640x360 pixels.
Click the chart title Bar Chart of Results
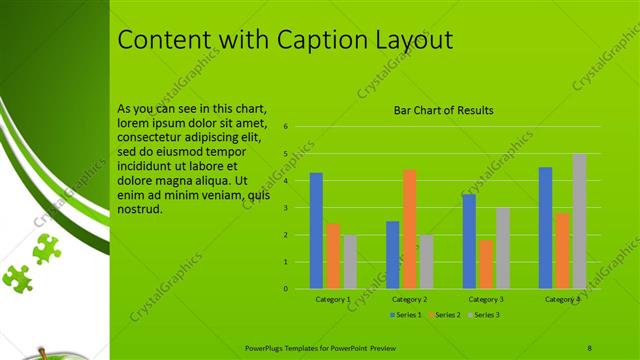pyautogui.click(x=443, y=110)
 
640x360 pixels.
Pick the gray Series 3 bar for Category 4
pyautogui.click(x=579, y=221)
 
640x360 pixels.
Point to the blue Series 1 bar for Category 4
pyautogui.click(x=545, y=227)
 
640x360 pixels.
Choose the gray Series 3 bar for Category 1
pyautogui.click(x=350, y=261)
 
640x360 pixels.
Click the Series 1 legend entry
pyautogui.click(x=407, y=315)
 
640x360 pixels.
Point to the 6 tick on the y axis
pyautogui.click(x=286, y=127)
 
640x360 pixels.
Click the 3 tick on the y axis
pyautogui.click(x=286, y=208)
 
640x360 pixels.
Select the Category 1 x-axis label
pyautogui.click(x=333, y=299)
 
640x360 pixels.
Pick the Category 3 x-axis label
pyautogui.click(x=486, y=299)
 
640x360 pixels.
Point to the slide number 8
pyautogui.click(x=590, y=348)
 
